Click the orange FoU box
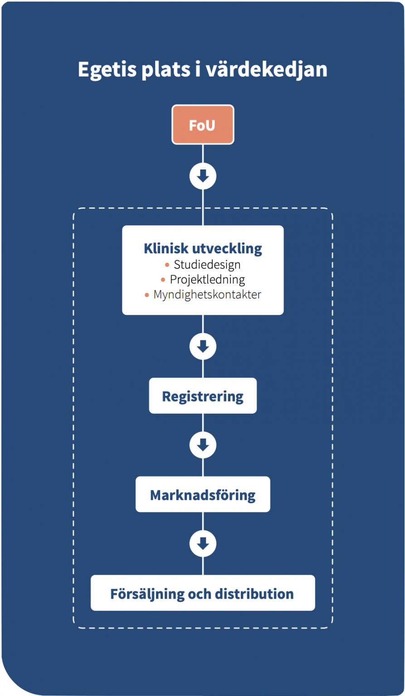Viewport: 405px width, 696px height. (x=203, y=125)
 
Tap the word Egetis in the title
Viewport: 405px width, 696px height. (x=107, y=70)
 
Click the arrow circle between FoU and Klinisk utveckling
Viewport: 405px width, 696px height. (x=203, y=176)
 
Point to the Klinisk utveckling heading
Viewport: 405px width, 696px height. (x=203, y=248)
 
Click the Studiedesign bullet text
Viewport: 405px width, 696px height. (x=207, y=264)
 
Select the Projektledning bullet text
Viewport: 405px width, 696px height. (x=207, y=280)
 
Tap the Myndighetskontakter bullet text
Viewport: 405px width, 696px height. (x=207, y=295)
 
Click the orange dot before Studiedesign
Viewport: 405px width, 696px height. (x=167, y=265)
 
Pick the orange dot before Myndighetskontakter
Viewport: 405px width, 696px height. (x=147, y=295)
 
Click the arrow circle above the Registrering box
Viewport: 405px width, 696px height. (x=203, y=346)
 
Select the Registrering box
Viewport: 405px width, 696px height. (x=203, y=396)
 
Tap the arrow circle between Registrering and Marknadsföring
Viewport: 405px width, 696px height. (x=203, y=445)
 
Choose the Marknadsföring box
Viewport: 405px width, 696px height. (x=203, y=494)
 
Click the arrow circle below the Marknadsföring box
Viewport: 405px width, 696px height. (x=203, y=543)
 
